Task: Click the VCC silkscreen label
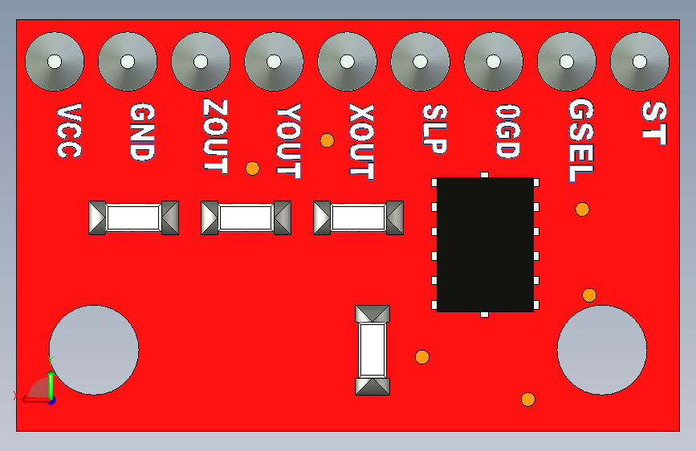point(68,131)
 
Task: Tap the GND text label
point(141,132)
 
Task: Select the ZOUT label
point(214,136)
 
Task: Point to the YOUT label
point(287,140)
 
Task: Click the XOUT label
point(361,140)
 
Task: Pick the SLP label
point(434,128)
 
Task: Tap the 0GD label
point(507,130)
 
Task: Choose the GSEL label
point(580,140)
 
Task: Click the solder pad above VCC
point(55,61)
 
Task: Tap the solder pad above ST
point(639,61)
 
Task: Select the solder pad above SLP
point(420,61)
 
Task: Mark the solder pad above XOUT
point(347,61)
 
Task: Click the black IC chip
point(485,244)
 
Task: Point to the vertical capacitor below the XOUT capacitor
point(372,350)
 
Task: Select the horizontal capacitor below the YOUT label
point(246,217)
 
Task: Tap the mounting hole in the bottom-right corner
point(601,350)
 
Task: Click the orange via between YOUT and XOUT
point(327,140)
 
